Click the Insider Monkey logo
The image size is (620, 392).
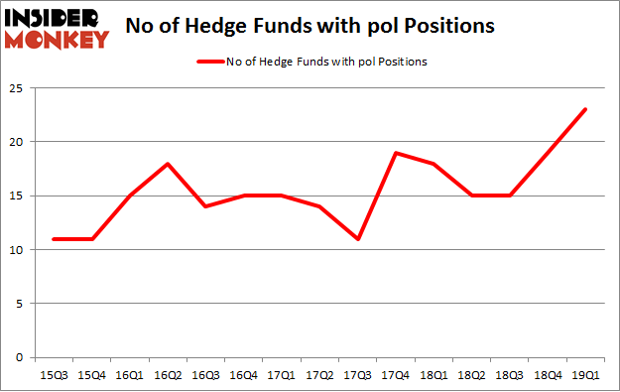58,28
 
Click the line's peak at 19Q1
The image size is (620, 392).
585,109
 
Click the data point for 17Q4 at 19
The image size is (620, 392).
396,153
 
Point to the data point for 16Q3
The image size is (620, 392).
205,206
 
